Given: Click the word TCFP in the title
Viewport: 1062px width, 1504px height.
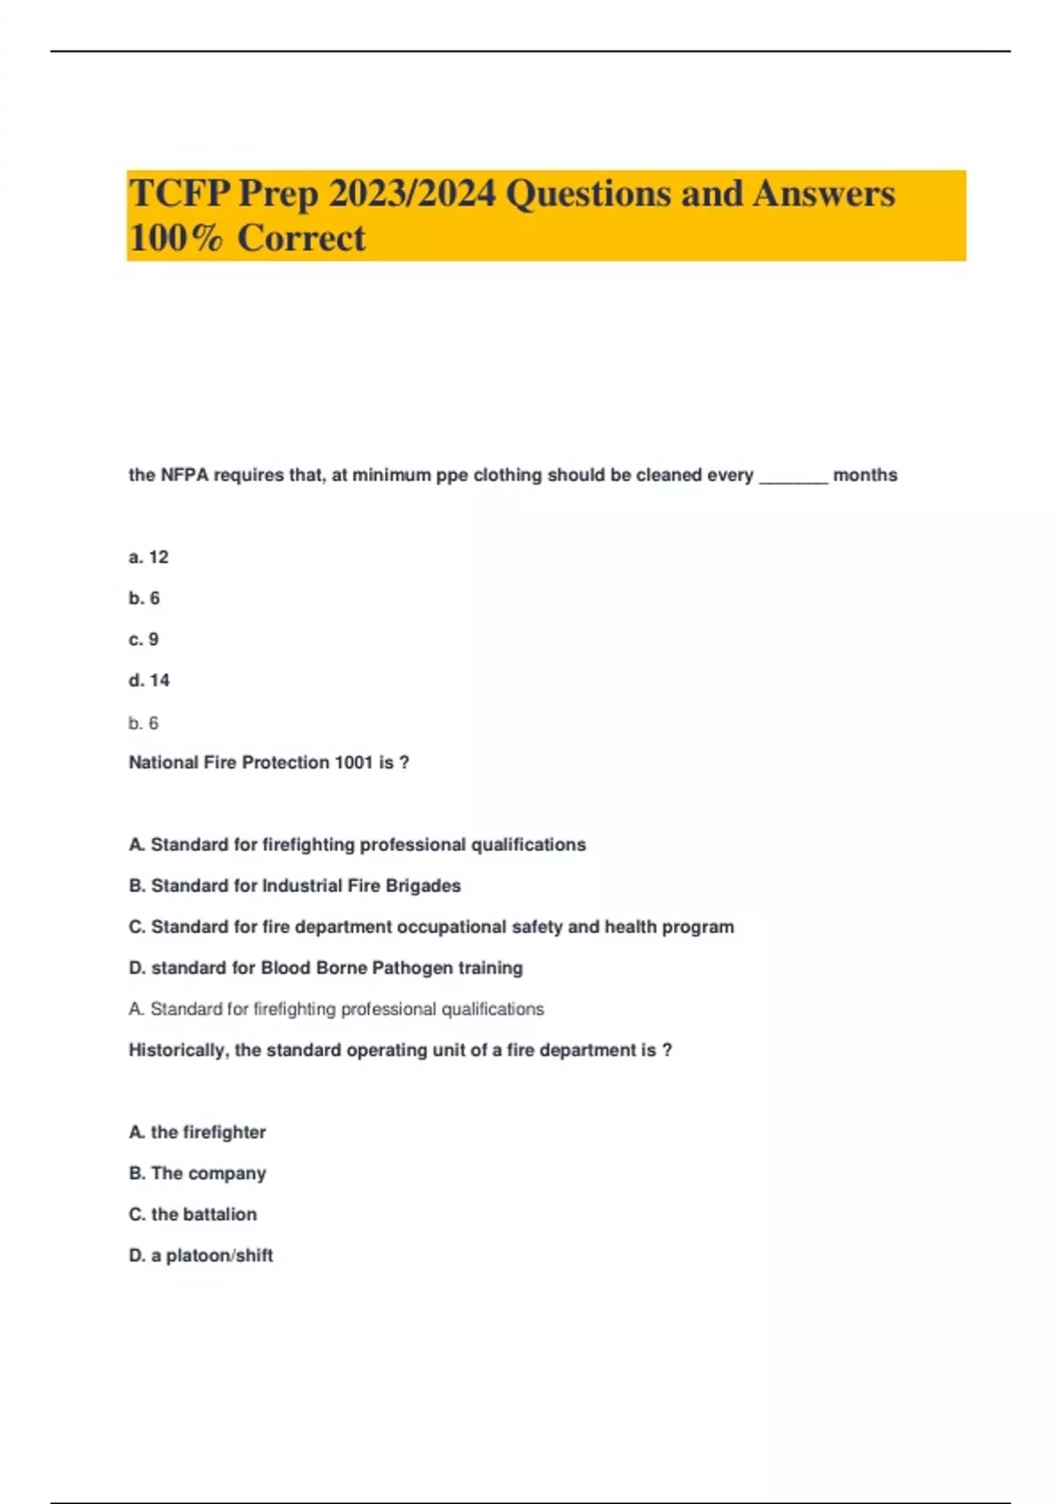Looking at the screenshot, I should coord(180,194).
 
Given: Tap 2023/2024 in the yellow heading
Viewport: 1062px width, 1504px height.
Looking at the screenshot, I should coord(412,194).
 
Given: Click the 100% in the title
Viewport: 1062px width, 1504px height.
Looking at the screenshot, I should coord(176,238).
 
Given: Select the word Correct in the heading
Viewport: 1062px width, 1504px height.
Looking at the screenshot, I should coord(302,238).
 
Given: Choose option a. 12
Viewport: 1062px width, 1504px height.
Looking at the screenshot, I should coord(149,557).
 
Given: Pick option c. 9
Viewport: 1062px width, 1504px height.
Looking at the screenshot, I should coord(143,640).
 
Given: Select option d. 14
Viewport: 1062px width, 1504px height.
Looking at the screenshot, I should coord(149,680).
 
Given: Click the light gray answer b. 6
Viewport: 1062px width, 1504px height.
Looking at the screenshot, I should coord(143,724).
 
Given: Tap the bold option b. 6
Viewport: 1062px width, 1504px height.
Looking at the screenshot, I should coord(144,599).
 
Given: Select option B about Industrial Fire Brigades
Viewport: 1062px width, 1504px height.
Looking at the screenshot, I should coord(295,886).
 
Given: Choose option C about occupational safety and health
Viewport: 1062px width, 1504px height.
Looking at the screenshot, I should coord(431,927).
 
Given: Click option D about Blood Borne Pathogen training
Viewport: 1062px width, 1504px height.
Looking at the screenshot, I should coord(326,968).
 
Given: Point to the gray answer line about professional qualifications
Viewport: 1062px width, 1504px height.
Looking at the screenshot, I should coord(336,1009).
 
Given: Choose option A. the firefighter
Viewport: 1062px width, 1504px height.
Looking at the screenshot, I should coord(197,1132).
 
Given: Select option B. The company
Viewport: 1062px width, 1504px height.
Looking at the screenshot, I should coord(197,1173).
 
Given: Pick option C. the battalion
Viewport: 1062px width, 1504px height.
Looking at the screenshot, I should coord(193,1215).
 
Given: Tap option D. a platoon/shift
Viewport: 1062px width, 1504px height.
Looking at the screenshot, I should coord(201,1255).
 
